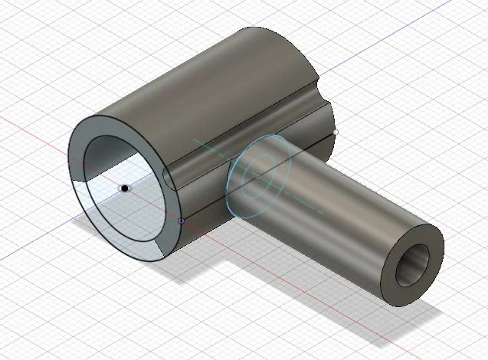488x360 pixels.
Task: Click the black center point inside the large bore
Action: pyautogui.click(x=124, y=188)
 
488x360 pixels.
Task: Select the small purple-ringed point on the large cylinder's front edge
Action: pyautogui.click(x=181, y=221)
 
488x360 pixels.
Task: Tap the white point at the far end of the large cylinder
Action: pyautogui.click(x=336, y=132)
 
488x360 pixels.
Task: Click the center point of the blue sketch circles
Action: pyautogui.click(x=258, y=175)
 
